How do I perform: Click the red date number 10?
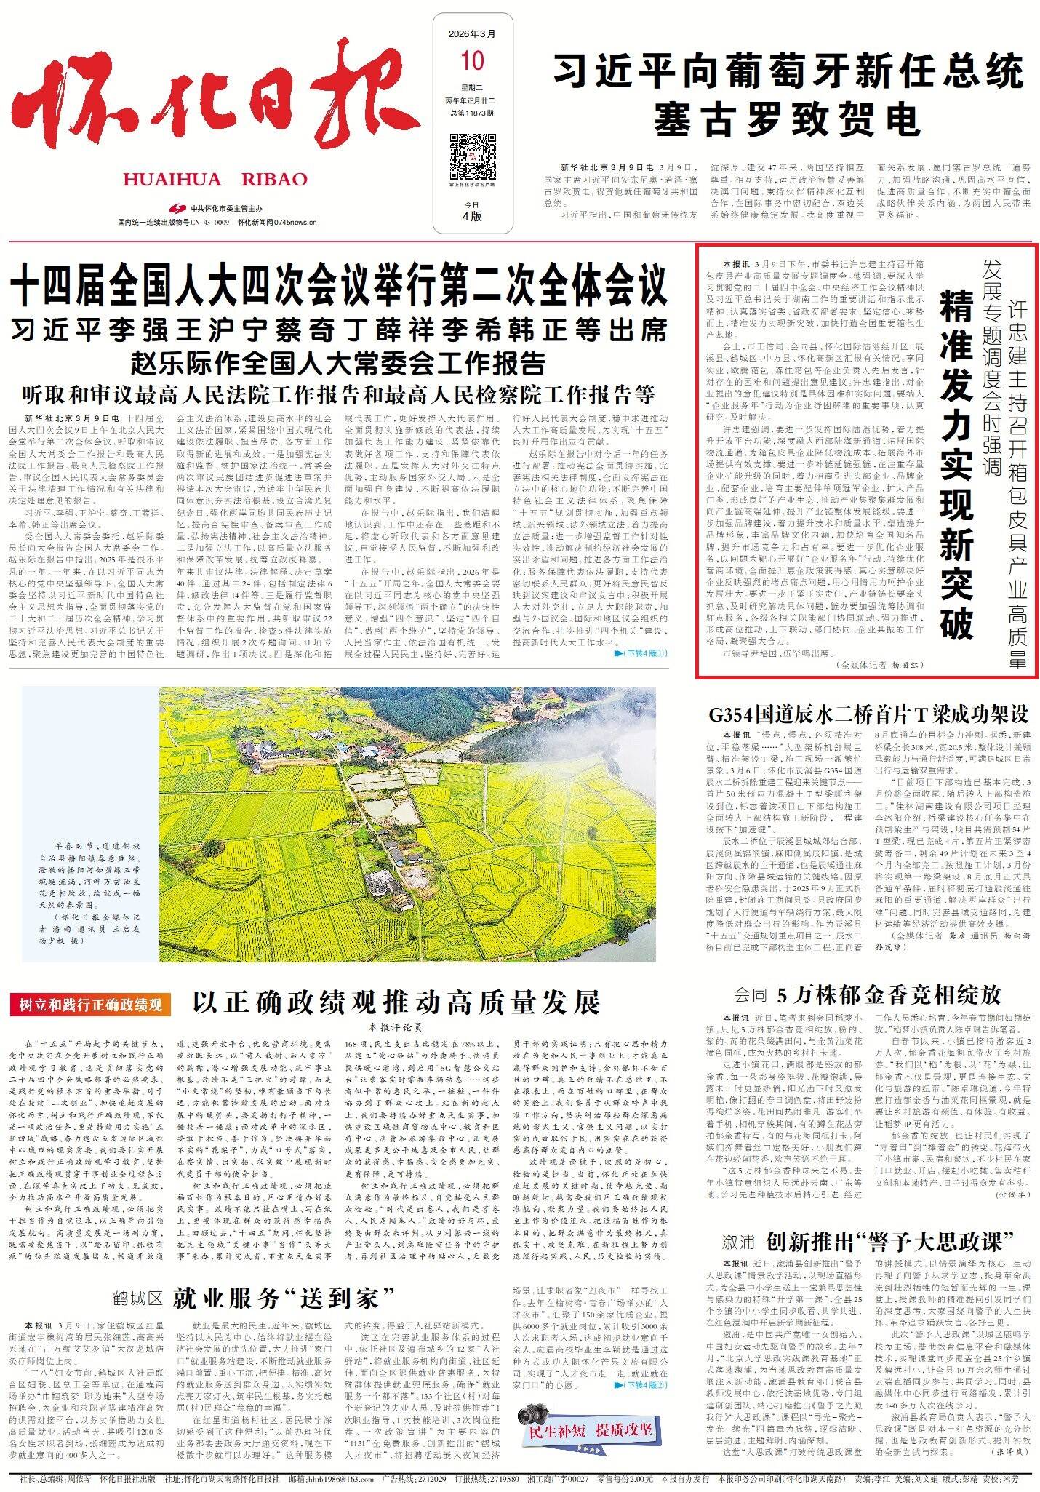click(471, 59)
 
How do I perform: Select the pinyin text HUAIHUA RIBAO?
click(215, 180)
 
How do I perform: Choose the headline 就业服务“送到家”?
click(284, 1297)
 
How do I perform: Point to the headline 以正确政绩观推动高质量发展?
click(396, 1002)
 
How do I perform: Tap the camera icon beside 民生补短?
click(535, 1415)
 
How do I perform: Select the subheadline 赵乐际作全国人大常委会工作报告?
click(338, 362)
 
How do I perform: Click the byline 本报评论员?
click(396, 1028)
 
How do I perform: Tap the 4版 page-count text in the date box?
click(471, 215)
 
